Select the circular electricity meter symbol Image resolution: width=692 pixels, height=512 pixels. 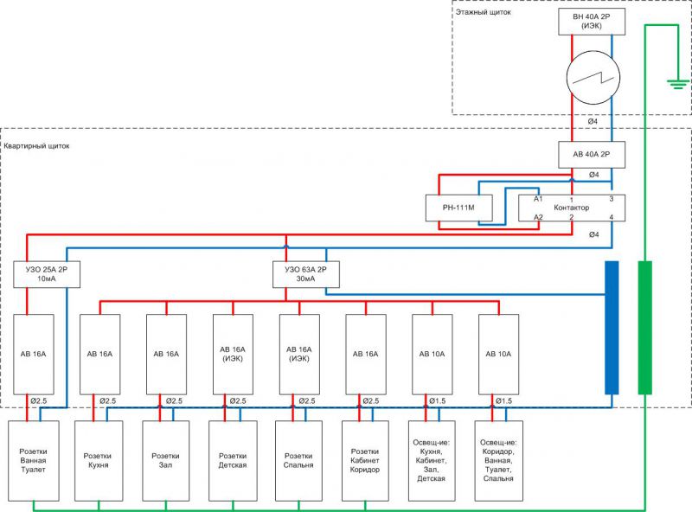click(592, 83)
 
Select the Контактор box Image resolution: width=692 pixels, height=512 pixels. click(571, 208)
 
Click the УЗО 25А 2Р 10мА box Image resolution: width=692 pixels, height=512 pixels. click(47, 275)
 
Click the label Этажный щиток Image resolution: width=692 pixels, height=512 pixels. click(483, 13)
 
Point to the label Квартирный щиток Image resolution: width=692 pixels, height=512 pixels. click(37, 145)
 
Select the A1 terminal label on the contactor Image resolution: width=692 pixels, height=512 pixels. click(538, 199)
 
